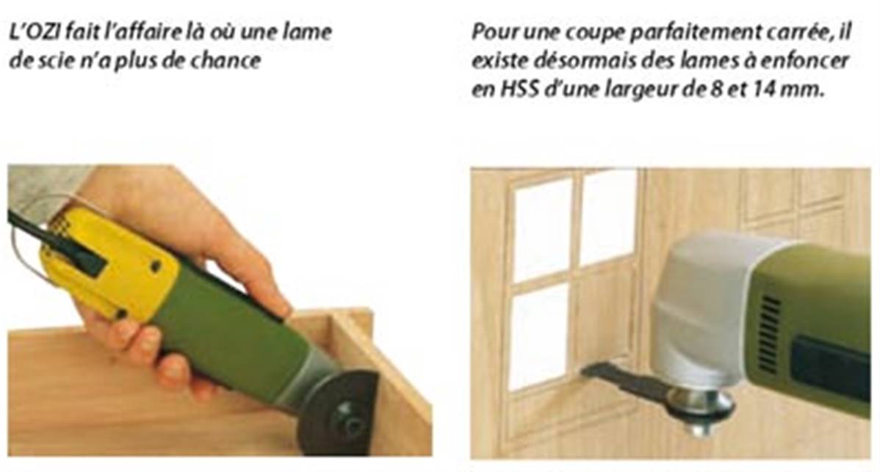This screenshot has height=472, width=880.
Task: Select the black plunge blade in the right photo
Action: (x=623, y=380)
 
